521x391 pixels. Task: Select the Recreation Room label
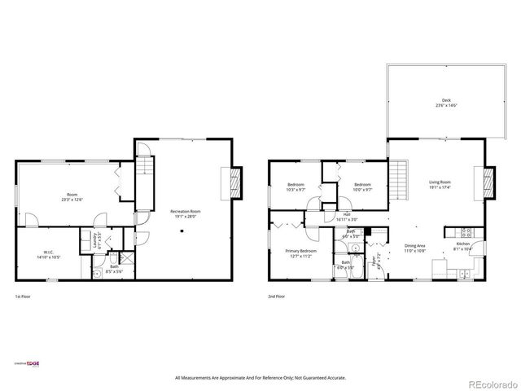point(185,212)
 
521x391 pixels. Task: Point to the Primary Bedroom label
point(300,251)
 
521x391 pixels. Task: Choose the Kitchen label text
point(462,244)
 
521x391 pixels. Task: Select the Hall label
point(346,213)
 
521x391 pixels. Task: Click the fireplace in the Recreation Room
point(234,183)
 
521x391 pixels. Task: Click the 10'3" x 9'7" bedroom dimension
point(296,190)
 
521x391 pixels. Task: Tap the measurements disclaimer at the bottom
point(260,378)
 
